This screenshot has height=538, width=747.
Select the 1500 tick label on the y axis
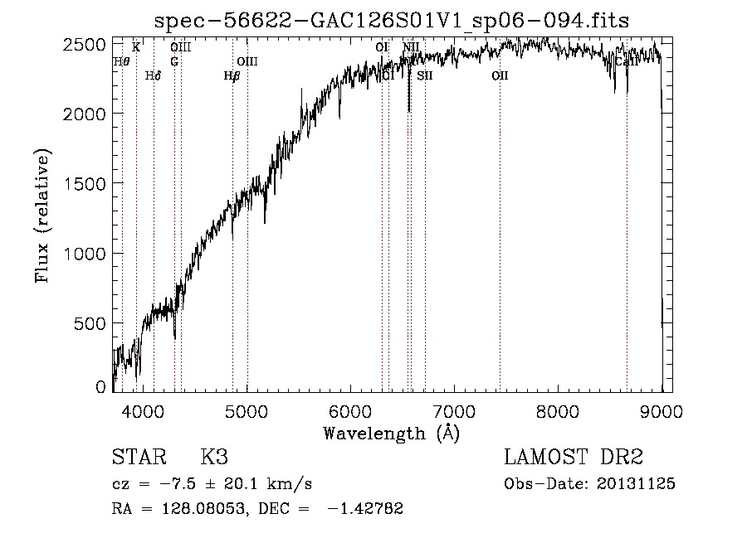85,183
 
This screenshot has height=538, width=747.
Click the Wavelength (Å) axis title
391,432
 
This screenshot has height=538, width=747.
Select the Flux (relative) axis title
42,216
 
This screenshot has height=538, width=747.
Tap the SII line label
425,75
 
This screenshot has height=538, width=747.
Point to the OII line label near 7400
499,75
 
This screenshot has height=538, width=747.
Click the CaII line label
626,61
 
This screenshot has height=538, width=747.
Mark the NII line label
412,47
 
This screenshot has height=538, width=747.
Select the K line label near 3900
136,47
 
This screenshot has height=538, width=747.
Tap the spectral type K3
214,458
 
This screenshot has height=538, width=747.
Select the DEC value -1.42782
365,509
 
